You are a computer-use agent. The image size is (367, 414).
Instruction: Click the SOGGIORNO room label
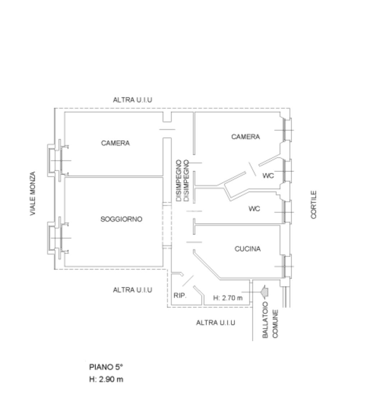[121, 219]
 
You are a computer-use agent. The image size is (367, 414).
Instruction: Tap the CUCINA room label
[247, 249]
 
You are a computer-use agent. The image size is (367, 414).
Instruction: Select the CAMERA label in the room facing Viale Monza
[115, 144]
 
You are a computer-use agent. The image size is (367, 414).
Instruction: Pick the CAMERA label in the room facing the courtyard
[246, 137]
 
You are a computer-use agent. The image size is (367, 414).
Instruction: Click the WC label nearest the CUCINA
[254, 209]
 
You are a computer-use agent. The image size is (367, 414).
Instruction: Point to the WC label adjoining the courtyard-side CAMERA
[268, 176]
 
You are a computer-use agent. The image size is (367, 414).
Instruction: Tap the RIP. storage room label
[180, 296]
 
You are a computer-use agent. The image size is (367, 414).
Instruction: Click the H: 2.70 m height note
[228, 298]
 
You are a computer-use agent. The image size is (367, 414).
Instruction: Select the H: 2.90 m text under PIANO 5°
[106, 379]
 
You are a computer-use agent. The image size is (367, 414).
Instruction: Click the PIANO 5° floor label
[106, 367]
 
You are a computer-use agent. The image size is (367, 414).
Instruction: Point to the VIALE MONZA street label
[33, 194]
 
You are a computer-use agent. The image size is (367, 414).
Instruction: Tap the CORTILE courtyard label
[314, 204]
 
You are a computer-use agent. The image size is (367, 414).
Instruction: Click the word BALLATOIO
[266, 320]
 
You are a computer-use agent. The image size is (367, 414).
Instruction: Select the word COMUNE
[275, 324]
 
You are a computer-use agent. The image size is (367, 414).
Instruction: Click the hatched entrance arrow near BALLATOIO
[265, 291]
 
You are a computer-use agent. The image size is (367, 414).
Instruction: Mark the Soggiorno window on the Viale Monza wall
[57, 238]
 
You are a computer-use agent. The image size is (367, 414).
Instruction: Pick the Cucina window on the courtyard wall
[285, 266]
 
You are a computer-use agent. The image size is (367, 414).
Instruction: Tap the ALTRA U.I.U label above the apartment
[133, 100]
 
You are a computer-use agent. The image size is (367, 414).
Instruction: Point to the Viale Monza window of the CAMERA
[57, 160]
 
